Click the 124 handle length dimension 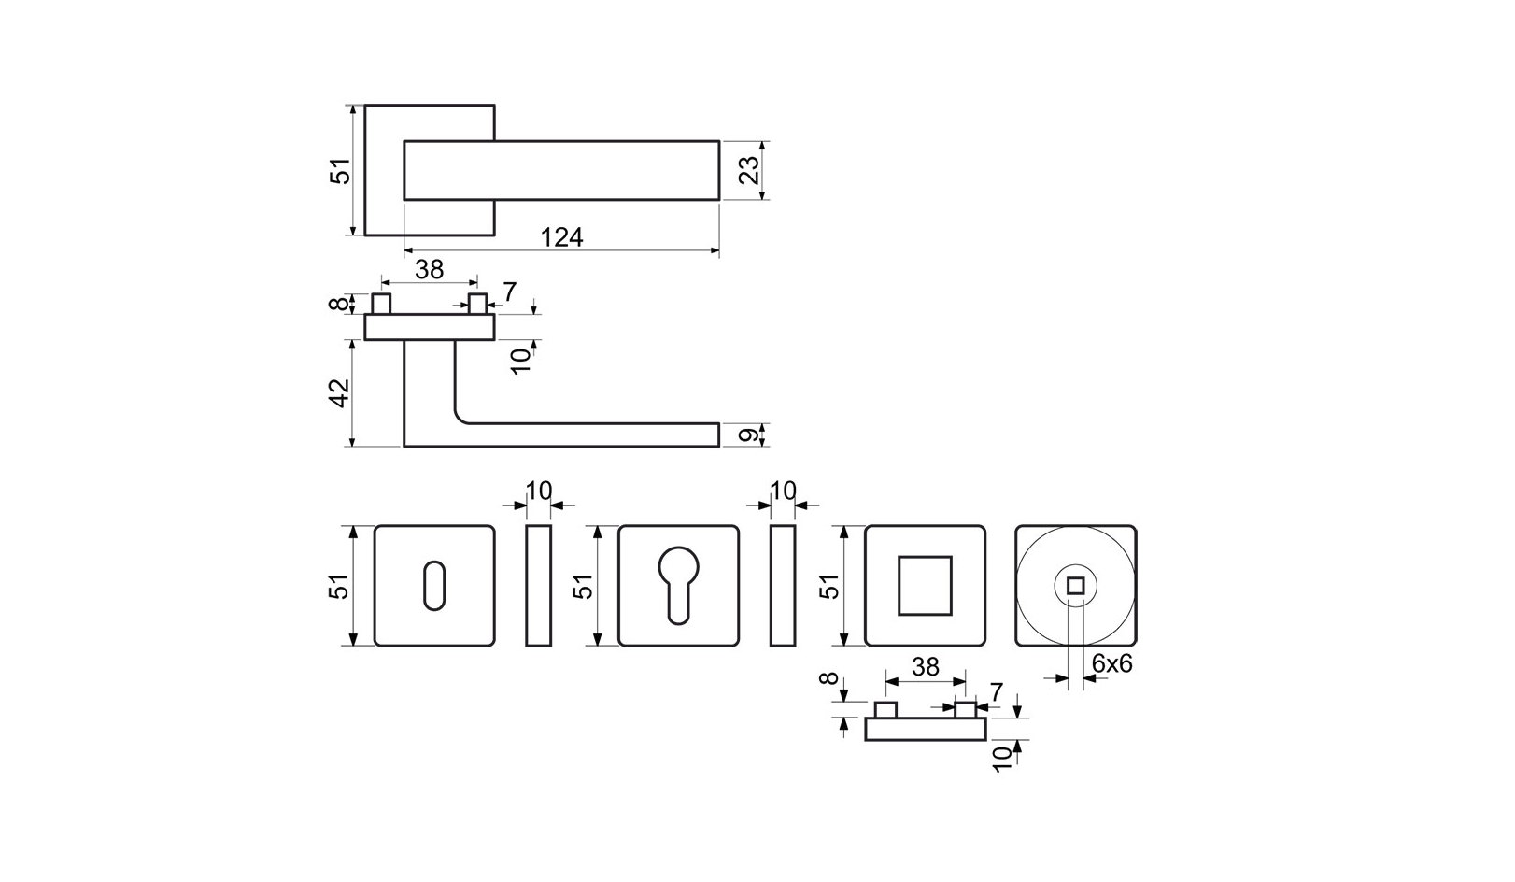562,237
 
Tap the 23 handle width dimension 746,170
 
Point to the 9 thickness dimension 746,434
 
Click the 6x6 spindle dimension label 1111,663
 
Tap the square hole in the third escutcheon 924,585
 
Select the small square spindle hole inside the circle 1075,586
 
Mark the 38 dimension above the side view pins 429,269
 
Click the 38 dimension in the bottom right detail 925,666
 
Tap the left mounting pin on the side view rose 381,304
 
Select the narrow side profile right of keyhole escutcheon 539,586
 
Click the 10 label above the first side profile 540,490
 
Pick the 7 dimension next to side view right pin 509,292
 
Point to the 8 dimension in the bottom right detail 825,679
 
